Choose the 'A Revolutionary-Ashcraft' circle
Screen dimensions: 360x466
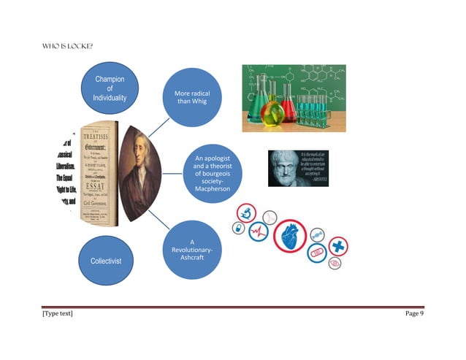[191, 251]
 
